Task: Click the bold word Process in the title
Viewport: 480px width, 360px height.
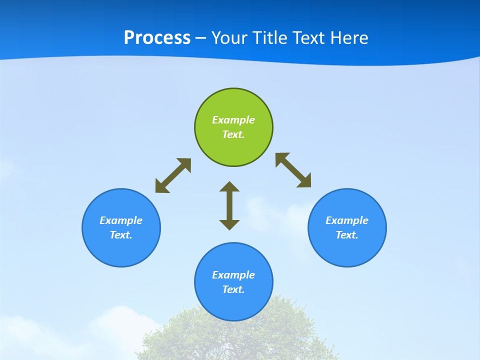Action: click(x=157, y=38)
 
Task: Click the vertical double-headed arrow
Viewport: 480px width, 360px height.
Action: click(x=229, y=205)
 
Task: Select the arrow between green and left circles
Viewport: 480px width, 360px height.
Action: click(x=173, y=175)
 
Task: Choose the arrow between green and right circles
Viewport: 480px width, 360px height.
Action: click(x=293, y=170)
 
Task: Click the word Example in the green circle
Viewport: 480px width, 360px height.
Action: click(x=233, y=120)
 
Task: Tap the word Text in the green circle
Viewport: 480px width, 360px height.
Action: click(x=232, y=134)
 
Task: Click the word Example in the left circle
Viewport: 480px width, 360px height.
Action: click(x=121, y=220)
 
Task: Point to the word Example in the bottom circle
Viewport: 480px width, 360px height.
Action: click(x=233, y=275)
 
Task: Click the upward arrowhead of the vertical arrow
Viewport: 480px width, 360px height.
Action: click(x=229, y=187)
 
